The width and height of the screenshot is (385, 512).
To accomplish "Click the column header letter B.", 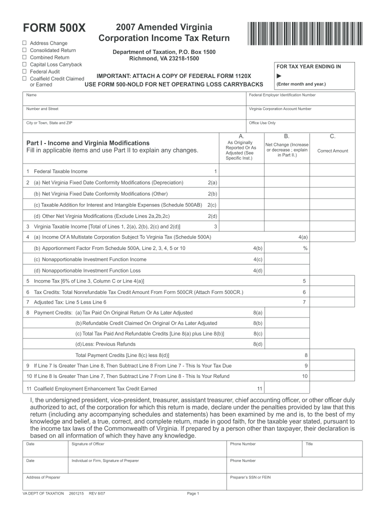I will [286, 136].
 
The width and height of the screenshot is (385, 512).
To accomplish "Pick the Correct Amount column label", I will [332, 151].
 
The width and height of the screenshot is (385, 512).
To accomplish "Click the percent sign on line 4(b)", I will [304, 248].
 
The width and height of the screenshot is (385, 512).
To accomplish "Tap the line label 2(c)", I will [212, 205].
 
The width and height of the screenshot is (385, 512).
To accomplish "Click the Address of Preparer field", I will [125, 481].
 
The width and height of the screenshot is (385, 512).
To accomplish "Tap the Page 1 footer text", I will [193, 494].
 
